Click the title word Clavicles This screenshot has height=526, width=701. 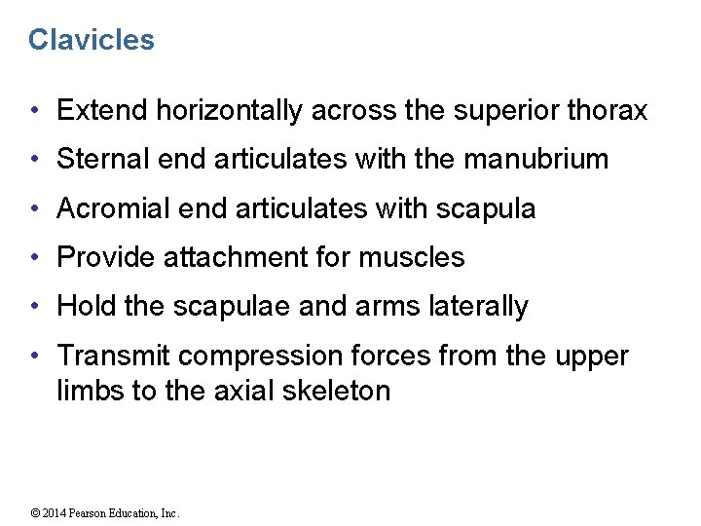click(91, 40)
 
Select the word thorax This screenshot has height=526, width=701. click(606, 111)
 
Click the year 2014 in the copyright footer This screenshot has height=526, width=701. click(56, 513)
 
